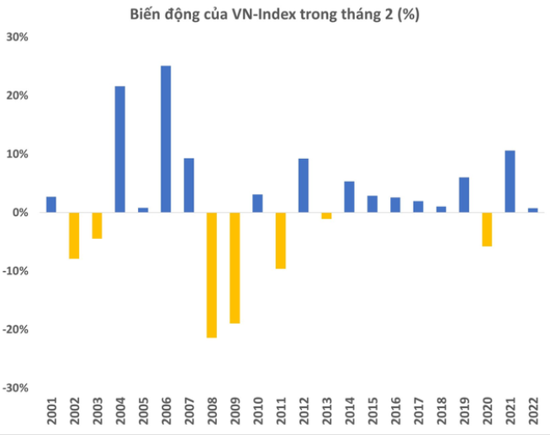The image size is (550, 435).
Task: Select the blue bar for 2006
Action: click(x=166, y=139)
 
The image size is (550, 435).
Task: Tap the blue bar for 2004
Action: click(x=119, y=149)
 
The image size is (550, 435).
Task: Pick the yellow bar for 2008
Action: click(x=211, y=274)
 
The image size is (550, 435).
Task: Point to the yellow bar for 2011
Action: click(x=280, y=240)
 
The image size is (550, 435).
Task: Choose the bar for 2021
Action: click(x=510, y=181)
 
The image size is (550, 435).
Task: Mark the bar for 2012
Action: click(x=304, y=185)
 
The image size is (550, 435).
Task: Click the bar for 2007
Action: click(x=188, y=185)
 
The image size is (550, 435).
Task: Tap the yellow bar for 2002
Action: click(x=74, y=235)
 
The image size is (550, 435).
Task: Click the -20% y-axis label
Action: click(x=17, y=330)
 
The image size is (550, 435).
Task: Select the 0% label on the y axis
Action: click(x=21, y=213)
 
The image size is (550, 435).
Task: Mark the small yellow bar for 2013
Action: click(x=326, y=215)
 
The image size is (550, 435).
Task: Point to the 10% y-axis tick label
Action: click(x=19, y=154)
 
